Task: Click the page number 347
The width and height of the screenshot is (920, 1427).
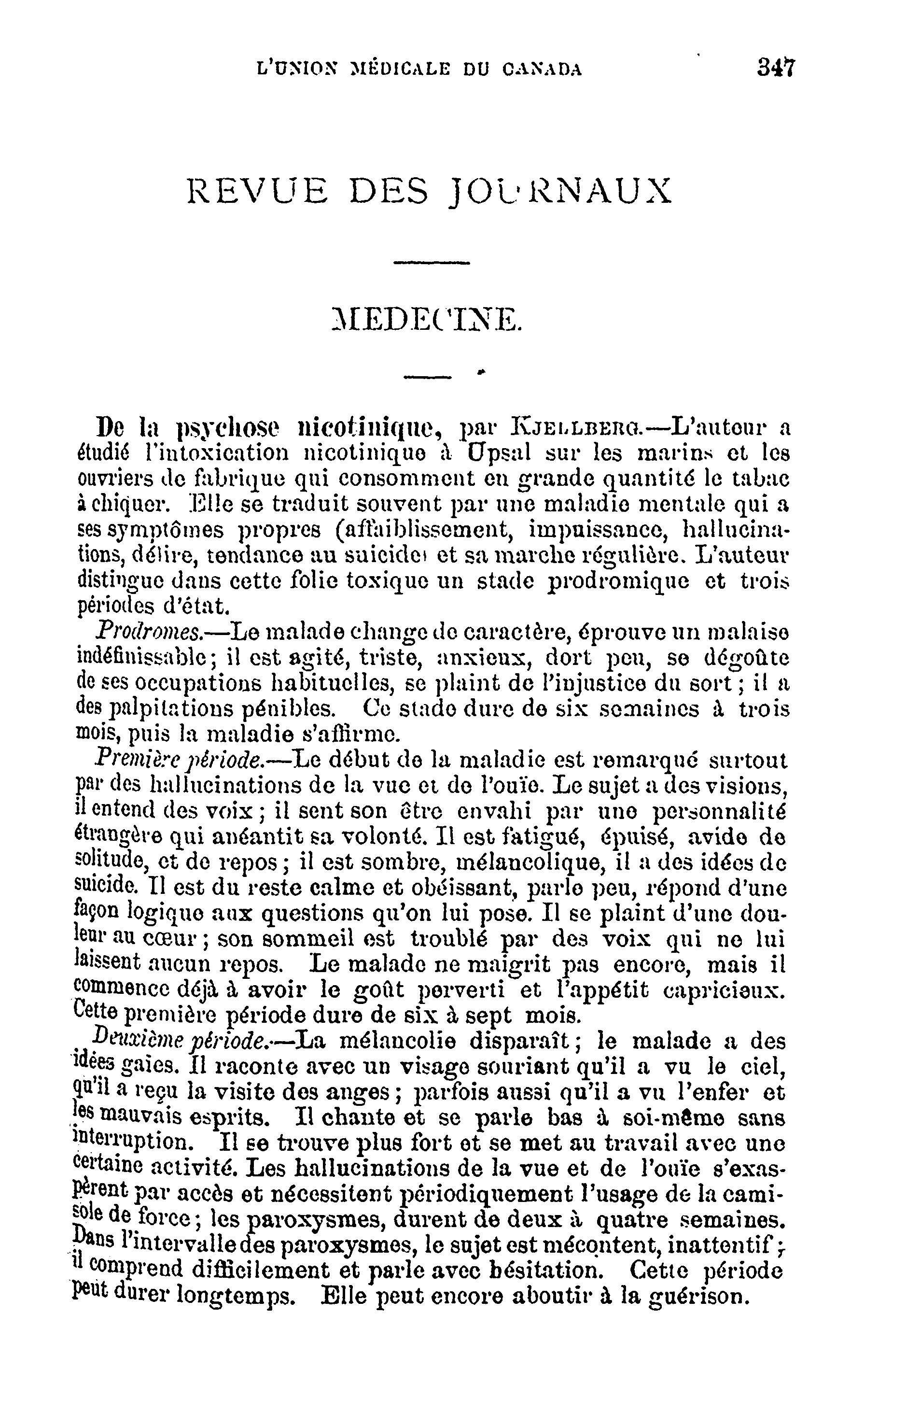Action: pos(776,67)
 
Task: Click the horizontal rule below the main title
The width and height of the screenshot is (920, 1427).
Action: pos(432,262)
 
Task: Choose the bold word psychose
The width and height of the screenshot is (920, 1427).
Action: pos(229,429)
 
